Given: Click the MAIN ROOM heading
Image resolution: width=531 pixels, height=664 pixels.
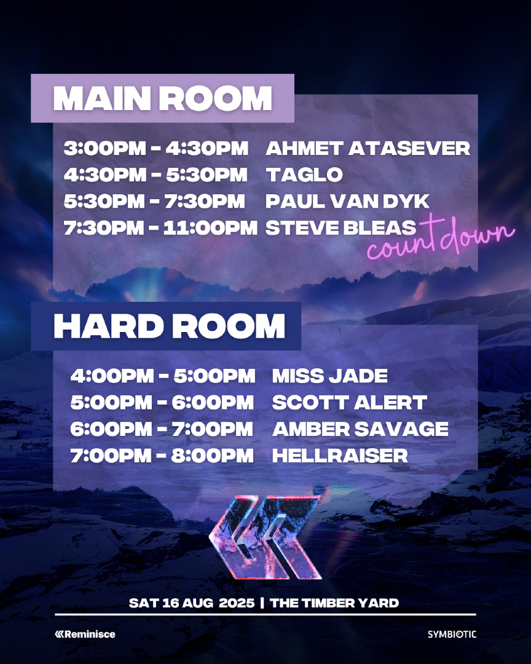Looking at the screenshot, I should (x=163, y=98).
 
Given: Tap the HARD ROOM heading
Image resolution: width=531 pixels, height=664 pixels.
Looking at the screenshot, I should (x=169, y=326).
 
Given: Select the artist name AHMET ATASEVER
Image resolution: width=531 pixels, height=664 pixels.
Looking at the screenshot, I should (x=368, y=148).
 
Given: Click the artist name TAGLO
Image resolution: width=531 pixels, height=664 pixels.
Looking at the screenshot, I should (x=304, y=175).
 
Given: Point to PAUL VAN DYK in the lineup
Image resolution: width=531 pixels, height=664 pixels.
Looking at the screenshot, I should (x=347, y=201).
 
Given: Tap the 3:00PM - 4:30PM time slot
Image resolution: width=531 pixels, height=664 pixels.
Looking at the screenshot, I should (x=156, y=148).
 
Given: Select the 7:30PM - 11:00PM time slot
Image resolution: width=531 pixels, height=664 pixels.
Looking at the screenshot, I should (x=160, y=227).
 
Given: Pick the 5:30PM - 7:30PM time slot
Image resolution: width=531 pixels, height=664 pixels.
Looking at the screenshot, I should (x=154, y=201).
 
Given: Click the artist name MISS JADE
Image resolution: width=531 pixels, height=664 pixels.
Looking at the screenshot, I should (x=330, y=376).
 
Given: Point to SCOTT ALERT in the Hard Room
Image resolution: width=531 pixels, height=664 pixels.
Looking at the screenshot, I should (x=349, y=403).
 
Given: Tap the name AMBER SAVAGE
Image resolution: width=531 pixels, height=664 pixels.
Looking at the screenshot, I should (x=360, y=429).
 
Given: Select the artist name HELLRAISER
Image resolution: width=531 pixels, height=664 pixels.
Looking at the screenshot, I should (x=340, y=456).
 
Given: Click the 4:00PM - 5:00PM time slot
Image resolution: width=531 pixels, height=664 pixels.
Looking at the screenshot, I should (x=162, y=376).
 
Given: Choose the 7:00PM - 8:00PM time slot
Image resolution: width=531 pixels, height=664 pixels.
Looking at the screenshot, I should (x=162, y=456).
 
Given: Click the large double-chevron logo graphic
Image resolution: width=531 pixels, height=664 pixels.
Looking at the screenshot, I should (x=265, y=537).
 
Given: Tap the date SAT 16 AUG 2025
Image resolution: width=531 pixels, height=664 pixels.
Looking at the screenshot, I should (x=191, y=603).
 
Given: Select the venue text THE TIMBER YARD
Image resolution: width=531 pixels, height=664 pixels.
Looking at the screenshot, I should (x=334, y=603).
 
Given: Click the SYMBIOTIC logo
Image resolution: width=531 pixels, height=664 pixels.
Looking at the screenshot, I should (x=452, y=634).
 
